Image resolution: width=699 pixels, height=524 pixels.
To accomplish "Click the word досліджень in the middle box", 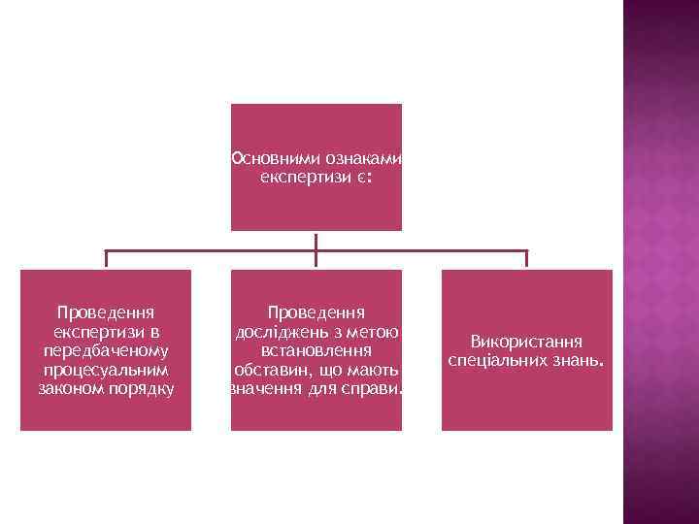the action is [x=282, y=332].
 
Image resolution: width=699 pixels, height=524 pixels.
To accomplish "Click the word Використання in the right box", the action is [x=526, y=342].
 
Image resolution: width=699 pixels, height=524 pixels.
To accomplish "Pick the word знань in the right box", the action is [x=577, y=360].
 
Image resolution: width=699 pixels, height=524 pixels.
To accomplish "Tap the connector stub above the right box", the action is [x=526, y=259].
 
